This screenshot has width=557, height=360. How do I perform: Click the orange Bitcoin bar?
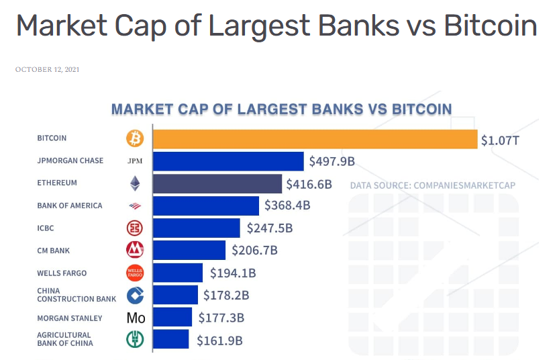315,139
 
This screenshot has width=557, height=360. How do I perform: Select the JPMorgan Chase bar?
228,161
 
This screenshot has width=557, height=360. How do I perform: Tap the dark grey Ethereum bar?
217,183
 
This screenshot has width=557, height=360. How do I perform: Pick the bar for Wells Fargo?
178,273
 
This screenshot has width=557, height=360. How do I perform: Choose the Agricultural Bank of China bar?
171,339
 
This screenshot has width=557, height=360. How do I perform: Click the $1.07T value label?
499,140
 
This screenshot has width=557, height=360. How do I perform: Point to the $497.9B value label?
332,162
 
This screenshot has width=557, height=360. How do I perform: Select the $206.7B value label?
254,251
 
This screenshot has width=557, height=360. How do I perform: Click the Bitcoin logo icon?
135,138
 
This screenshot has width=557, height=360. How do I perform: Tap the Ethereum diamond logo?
135,183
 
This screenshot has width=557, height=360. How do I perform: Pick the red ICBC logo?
135,228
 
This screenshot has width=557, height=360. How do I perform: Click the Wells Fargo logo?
135,273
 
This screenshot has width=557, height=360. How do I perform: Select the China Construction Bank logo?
135,295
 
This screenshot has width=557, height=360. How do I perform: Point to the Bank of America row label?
70,206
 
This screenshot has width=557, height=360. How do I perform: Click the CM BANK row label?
54,251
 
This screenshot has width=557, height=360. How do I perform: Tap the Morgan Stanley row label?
70,318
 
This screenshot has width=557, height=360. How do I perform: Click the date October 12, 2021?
47,69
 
